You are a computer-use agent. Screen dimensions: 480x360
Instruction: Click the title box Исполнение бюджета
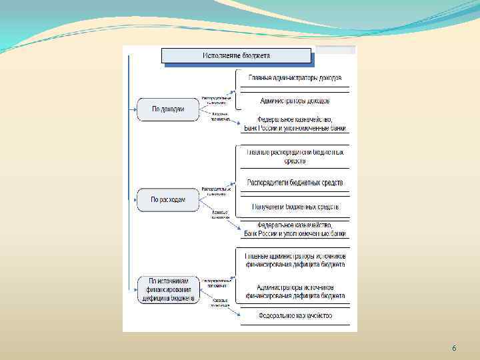(237, 55)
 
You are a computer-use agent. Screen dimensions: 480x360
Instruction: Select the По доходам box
(168, 109)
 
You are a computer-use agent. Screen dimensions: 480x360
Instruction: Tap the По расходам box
(168, 199)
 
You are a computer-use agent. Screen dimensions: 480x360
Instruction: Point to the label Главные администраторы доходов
(295, 78)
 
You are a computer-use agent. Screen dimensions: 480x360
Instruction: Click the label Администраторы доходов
(295, 101)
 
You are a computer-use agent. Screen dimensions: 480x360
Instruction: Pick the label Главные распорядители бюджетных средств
(295, 157)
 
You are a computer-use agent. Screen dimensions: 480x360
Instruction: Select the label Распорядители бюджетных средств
(295, 183)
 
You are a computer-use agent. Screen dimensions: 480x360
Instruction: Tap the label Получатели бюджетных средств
(295, 207)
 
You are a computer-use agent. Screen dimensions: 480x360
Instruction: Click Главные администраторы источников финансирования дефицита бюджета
(295, 260)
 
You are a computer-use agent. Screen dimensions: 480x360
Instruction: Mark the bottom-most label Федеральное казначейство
(295, 315)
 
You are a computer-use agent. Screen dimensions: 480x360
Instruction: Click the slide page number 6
(454, 349)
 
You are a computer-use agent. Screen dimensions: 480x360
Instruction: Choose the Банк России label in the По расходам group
(295, 233)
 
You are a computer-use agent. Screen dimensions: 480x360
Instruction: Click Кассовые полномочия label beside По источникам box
(220, 303)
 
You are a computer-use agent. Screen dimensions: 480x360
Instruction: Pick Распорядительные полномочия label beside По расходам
(217, 191)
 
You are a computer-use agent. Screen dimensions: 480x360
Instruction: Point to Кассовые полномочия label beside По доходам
(220, 117)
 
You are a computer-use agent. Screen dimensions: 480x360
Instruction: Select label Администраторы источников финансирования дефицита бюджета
(295, 291)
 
